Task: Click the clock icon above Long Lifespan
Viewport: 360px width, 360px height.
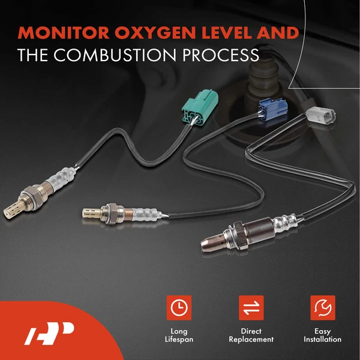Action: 179,307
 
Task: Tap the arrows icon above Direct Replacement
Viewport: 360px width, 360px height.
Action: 251,307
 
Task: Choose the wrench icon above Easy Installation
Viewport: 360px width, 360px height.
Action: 323,307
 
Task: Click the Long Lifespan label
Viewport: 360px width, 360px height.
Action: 179,335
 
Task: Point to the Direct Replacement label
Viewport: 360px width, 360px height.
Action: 251,335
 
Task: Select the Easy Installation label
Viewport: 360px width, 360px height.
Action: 323,335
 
